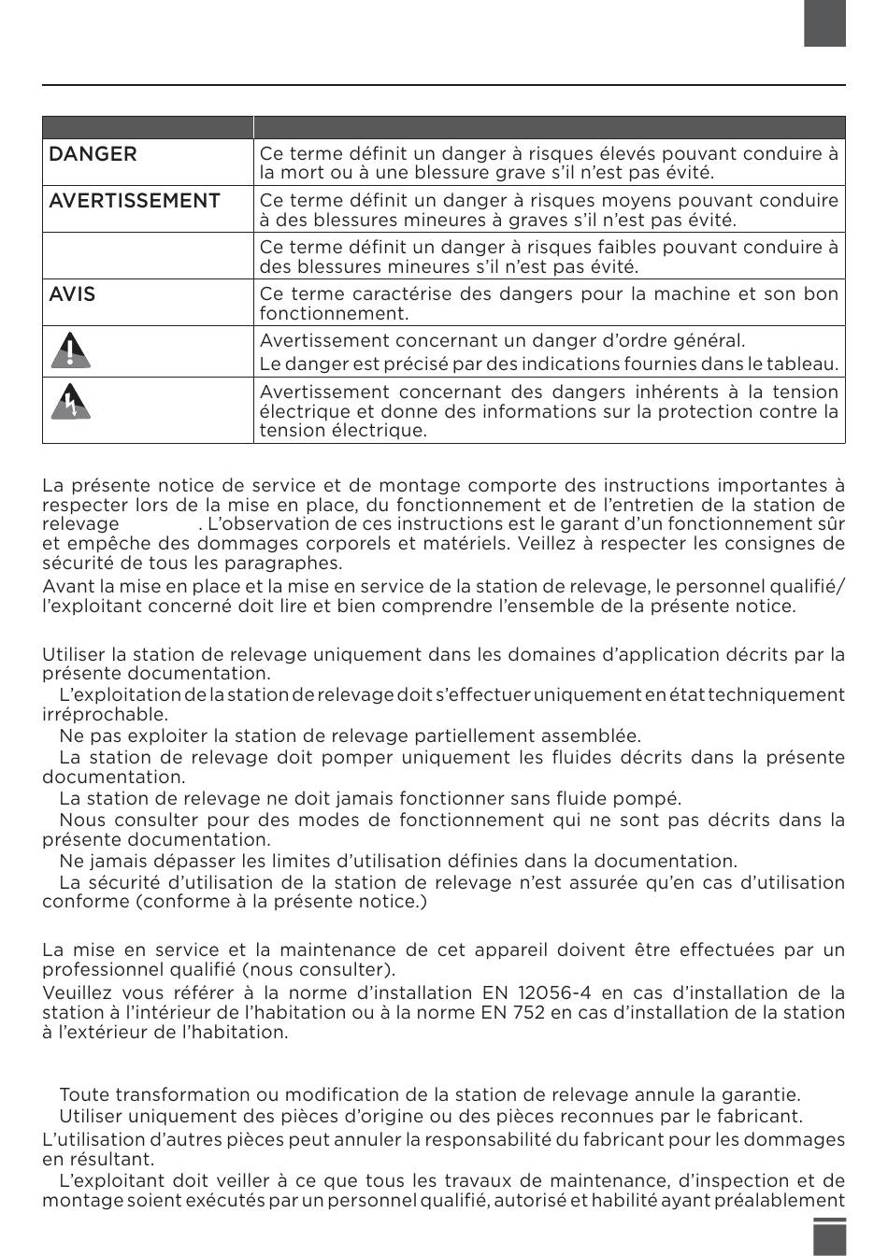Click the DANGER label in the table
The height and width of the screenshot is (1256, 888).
click(93, 154)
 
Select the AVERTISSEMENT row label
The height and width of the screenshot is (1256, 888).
click(135, 201)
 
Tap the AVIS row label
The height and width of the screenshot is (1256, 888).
click(72, 294)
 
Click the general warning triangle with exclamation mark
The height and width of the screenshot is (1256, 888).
click(72, 350)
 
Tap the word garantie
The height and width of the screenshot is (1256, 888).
click(764, 1094)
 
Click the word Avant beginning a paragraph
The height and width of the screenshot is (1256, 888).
click(69, 586)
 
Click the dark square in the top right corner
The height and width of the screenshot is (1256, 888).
click(824, 23)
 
